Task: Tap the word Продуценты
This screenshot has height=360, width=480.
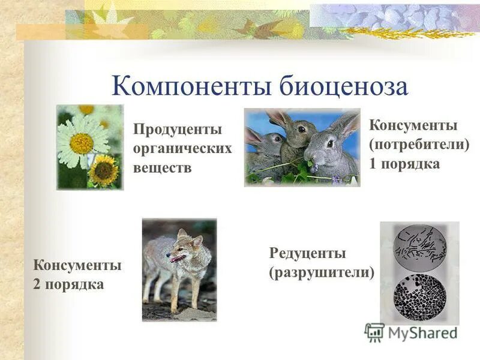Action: tap(178, 129)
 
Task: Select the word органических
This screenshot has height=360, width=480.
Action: tap(182, 148)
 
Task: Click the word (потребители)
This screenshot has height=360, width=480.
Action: tap(419, 145)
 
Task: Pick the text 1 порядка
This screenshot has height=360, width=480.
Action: tap(404, 164)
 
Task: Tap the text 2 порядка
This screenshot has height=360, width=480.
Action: tap(68, 284)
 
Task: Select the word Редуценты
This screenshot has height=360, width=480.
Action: tap(307, 253)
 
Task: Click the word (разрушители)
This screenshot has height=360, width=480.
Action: tap(322, 272)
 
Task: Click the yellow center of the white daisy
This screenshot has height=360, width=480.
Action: tap(82, 143)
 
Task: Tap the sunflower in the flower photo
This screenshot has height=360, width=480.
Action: tap(104, 171)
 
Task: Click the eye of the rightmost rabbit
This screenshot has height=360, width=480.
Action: tap(329, 143)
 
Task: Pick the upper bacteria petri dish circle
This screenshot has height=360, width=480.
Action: tap(420, 246)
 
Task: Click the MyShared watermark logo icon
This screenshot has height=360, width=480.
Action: tap(374, 332)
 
